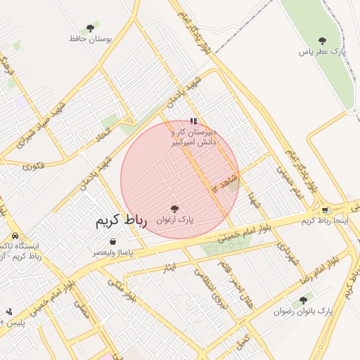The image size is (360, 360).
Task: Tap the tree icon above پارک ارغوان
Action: click(x=174, y=208)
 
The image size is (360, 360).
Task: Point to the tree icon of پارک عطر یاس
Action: click(x=322, y=41)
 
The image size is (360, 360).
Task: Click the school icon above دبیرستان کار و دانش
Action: click(x=194, y=121)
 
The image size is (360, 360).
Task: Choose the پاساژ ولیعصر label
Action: click(x=112, y=252)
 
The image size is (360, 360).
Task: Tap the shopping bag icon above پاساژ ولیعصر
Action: click(x=112, y=241)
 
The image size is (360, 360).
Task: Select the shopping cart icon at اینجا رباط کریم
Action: click(x=324, y=210)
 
